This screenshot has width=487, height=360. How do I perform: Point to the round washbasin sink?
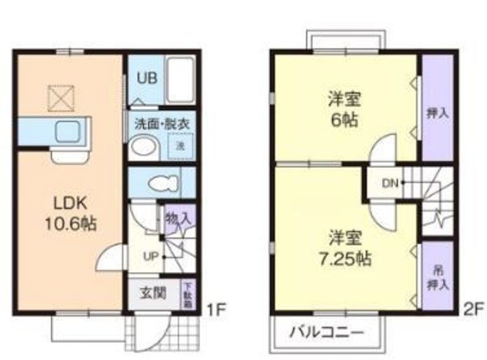(143, 146)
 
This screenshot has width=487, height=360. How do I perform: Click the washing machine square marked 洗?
(181, 145)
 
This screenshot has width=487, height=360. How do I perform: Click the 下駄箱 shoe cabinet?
(186, 295)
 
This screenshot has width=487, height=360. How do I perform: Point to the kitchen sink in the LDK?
(68, 129)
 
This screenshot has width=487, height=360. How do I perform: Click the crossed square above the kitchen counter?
(60, 97)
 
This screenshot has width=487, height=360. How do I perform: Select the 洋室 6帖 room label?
(345, 110)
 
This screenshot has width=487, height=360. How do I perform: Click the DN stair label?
(389, 183)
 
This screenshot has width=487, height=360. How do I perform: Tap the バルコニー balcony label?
(327, 333)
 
